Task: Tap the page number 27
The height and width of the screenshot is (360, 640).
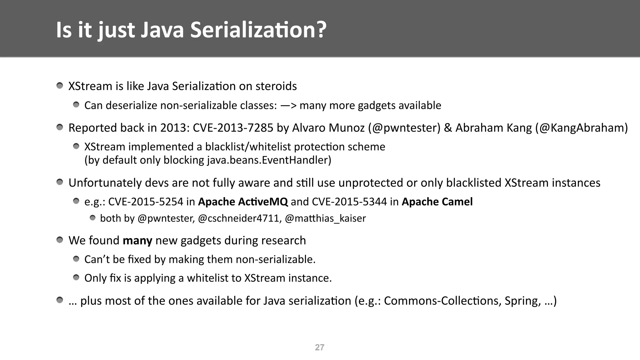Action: tap(319, 347)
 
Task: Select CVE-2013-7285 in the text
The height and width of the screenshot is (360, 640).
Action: tap(233, 128)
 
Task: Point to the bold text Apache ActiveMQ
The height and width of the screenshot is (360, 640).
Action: tap(243, 202)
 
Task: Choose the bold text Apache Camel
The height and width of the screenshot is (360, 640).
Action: tap(437, 202)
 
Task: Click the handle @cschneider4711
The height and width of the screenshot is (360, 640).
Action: tap(240, 218)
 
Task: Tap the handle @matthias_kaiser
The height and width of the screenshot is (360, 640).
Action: tap(325, 218)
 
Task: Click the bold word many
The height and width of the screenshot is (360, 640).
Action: tap(137, 240)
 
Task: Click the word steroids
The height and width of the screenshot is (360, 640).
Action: tap(276, 86)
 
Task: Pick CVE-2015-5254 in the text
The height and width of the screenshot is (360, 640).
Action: tap(146, 202)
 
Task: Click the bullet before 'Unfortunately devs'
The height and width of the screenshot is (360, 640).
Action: tap(60, 182)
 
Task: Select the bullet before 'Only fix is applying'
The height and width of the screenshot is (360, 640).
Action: tap(76, 277)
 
